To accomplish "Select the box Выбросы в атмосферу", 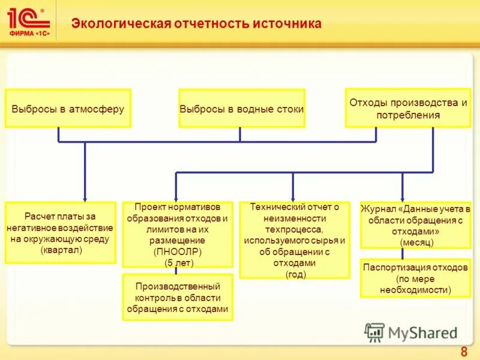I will [68, 109].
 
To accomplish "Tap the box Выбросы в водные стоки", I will [241, 109].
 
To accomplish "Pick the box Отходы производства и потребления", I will [408, 108].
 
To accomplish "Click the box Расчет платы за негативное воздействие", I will [60, 233].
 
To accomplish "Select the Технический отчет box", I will [294, 240].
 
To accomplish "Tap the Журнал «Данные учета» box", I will [415, 225].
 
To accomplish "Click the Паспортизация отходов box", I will [415, 278].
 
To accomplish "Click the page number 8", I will [463, 352].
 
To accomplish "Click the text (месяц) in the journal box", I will [416, 242].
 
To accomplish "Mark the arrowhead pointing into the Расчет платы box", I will [85, 199].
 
